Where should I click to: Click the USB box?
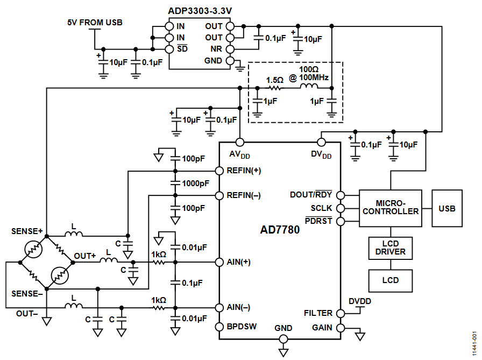(x=447, y=208)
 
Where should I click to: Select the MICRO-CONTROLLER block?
(x=391, y=208)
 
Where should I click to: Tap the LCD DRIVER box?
(x=391, y=248)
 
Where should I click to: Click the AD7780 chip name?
(x=280, y=230)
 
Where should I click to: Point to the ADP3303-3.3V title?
(x=200, y=11)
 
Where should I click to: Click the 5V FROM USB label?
(x=95, y=23)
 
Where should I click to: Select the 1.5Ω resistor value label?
(x=274, y=80)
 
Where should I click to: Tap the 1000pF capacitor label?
(x=195, y=183)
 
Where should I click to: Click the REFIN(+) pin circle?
(x=219, y=171)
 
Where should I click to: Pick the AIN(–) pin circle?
(x=219, y=307)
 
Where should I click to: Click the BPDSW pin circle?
(x=219, y=327)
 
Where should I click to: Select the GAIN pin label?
(x=322, y=328)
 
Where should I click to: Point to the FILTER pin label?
(x=318, y=313)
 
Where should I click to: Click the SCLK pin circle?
(x=341, y=208)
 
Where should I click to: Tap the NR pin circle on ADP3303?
(x=230, y=49)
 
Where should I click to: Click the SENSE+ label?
(x=27, y=231)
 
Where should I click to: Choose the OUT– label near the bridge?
(x=27, y=314)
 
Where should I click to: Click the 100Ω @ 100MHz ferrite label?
(x=309, y=74)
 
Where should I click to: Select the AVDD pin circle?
(x=240, y=143)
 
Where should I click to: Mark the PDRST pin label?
(x=318, y=221)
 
